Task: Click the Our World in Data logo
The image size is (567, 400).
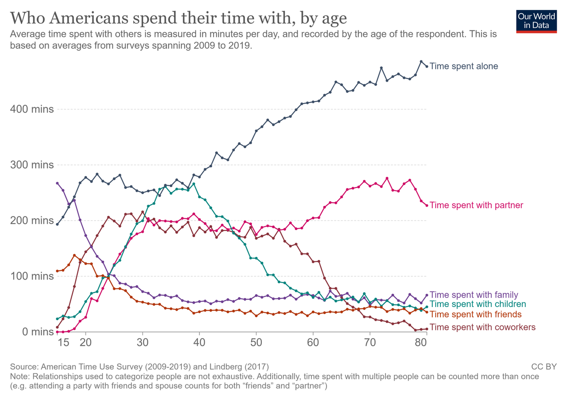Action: tap(536, 20)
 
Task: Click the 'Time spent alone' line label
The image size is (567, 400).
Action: tap(464, 66)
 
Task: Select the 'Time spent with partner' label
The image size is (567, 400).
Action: tap(476, 205)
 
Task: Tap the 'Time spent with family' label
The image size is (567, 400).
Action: tap(474, 295)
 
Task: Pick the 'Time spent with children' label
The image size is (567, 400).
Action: tap(478, 304)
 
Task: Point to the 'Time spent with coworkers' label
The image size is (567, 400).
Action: tap(482, 327)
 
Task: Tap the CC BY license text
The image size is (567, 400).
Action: tap(544, 366)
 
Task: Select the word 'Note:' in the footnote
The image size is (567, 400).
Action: tap(20, 376)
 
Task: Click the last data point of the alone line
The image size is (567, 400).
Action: tap(427, 66)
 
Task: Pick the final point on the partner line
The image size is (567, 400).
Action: tap(427, 205)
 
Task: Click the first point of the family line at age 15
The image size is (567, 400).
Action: tap(57, 183)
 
